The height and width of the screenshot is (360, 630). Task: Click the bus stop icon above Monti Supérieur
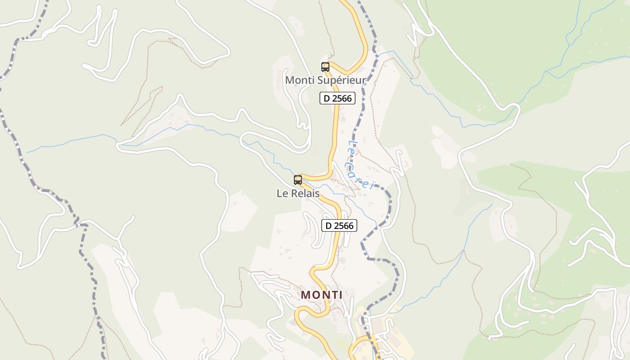(325, 67)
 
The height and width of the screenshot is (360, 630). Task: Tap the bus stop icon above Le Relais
(297, 180)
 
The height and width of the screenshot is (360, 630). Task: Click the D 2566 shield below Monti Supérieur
(337, 98)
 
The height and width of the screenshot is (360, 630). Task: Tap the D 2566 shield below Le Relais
(339, 225)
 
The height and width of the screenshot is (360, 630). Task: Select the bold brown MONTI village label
(321, 295)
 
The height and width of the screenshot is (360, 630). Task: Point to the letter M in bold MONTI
(305, 295)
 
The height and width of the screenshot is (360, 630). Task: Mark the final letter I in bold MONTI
(341, 295)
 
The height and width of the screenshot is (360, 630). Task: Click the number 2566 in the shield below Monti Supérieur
(342, 98)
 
